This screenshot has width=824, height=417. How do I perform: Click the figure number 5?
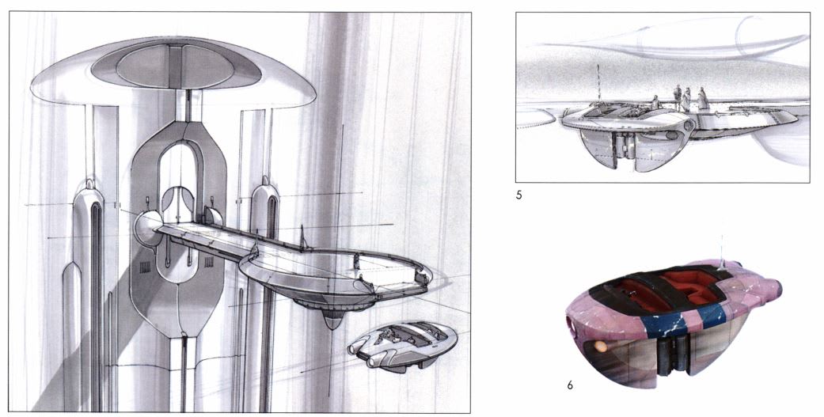click(518, 196)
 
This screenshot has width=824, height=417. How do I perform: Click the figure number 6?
click(570, 385)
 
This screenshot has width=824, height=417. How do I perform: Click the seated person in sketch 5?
click(655, 102)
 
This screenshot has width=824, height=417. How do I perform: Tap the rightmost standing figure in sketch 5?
click(703, 99)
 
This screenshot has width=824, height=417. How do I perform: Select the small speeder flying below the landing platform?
click(402, 346)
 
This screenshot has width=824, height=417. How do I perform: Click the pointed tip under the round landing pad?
click(332, 323)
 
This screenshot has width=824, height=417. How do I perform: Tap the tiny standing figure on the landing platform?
click(356, 261)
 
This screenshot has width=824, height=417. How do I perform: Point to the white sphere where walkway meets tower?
click(147, 229)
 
